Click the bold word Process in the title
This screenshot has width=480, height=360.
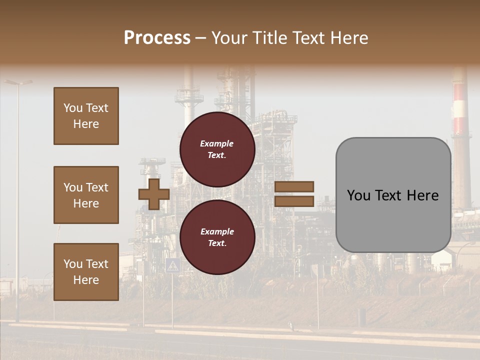tap(157, 38)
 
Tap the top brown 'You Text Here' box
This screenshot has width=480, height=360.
tap(86, 116)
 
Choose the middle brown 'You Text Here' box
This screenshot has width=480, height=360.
tap(86, 195)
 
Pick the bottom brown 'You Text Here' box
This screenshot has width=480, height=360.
tap(86, 272)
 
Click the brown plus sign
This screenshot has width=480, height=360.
tap(153, 194)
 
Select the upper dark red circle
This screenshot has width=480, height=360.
tap(217, 149)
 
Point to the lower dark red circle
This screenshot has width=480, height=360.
tap(217, 237)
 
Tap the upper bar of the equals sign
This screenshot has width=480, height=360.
tap(294, 186)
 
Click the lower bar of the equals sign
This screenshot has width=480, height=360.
tap(294, 201)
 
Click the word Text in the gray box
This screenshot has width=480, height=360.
tap(389, 195)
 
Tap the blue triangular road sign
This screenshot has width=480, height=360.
tap(172, 265)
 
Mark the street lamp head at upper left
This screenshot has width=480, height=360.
tap(19, 82)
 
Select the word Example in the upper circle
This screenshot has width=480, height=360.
tap(216, 143)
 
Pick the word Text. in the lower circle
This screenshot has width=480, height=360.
tap(217, 243)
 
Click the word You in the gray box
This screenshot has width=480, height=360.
tap(358, 195)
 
